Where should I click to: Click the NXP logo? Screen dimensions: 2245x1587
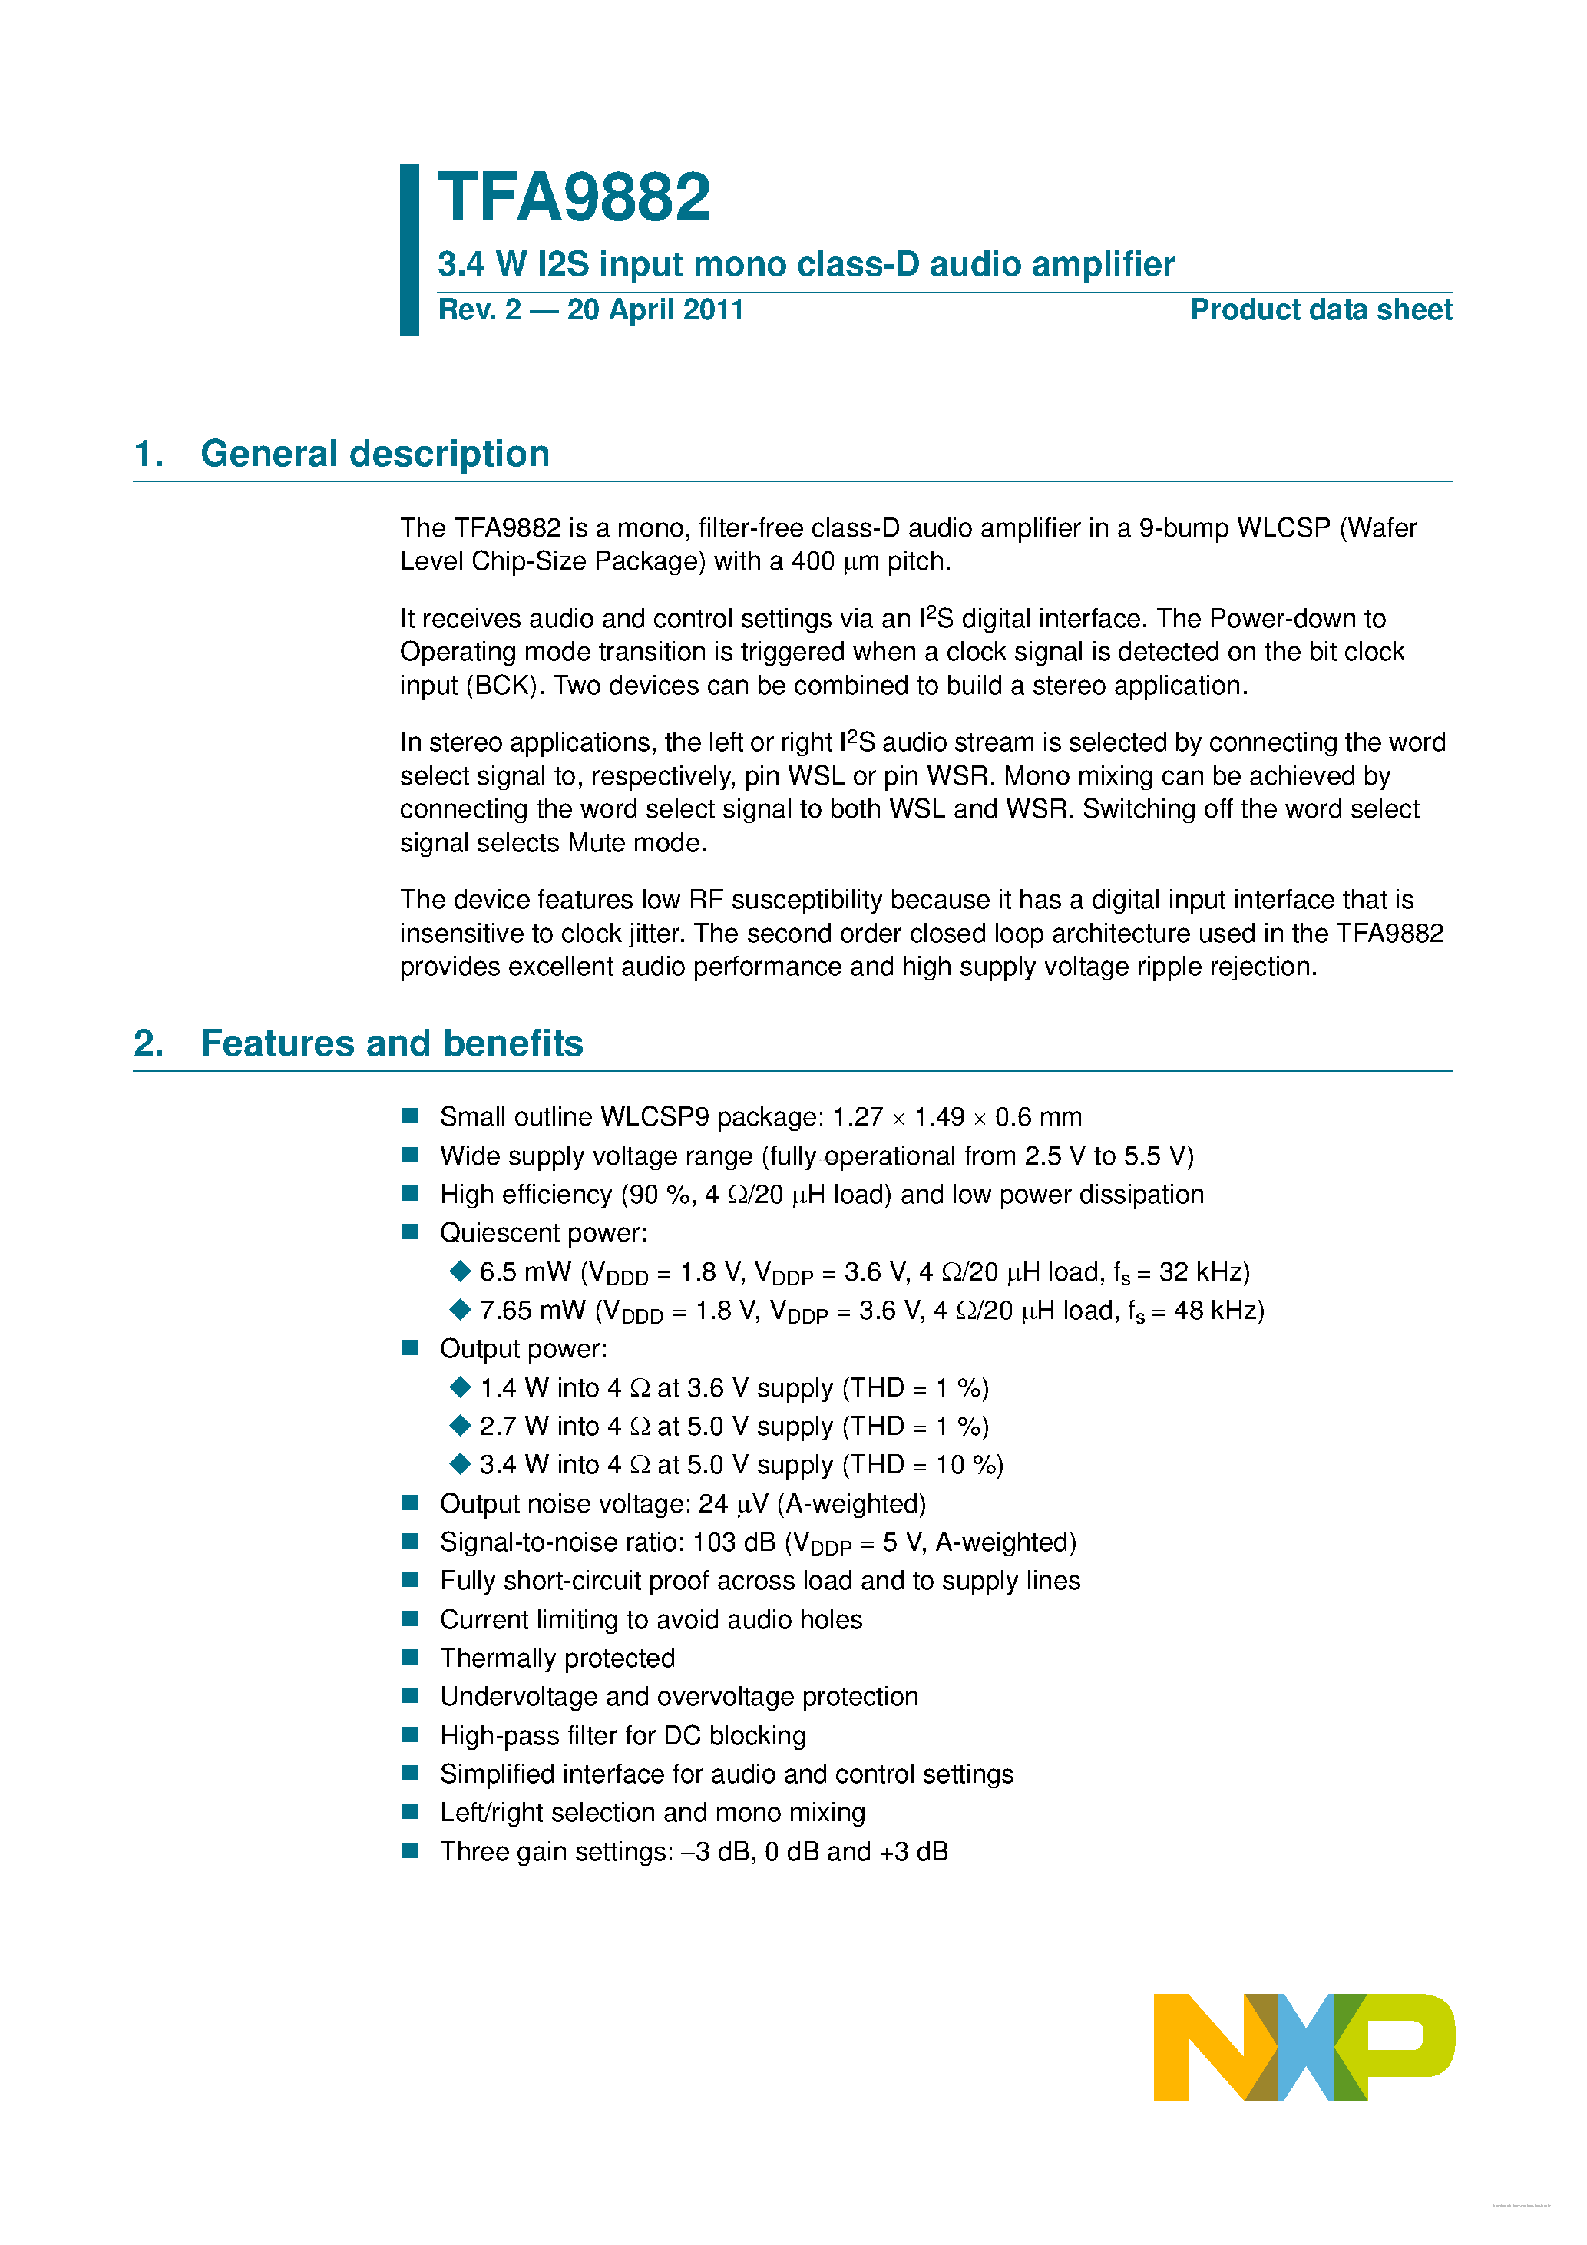[x=1304, y=2046]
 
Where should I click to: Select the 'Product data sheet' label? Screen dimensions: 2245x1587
[x=1320, y=310]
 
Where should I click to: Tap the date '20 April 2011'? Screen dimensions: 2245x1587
[x=655, y=310]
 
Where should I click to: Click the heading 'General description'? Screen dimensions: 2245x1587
[x=375, y=454]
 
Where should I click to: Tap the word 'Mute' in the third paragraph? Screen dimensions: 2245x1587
[x=597, y=843]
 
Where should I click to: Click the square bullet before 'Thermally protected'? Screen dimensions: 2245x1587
[x=411, y=1658]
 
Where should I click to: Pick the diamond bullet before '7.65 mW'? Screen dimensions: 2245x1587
[x=460, y=1309]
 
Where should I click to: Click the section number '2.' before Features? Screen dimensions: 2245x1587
[x=149, y=1043]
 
